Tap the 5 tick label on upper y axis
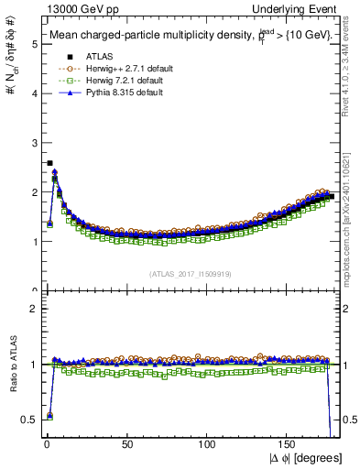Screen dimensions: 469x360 point(33,43)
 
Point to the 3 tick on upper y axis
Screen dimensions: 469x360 point(33,142)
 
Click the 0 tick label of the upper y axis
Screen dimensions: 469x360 point(33,291)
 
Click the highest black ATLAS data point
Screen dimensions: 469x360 point(49,163)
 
